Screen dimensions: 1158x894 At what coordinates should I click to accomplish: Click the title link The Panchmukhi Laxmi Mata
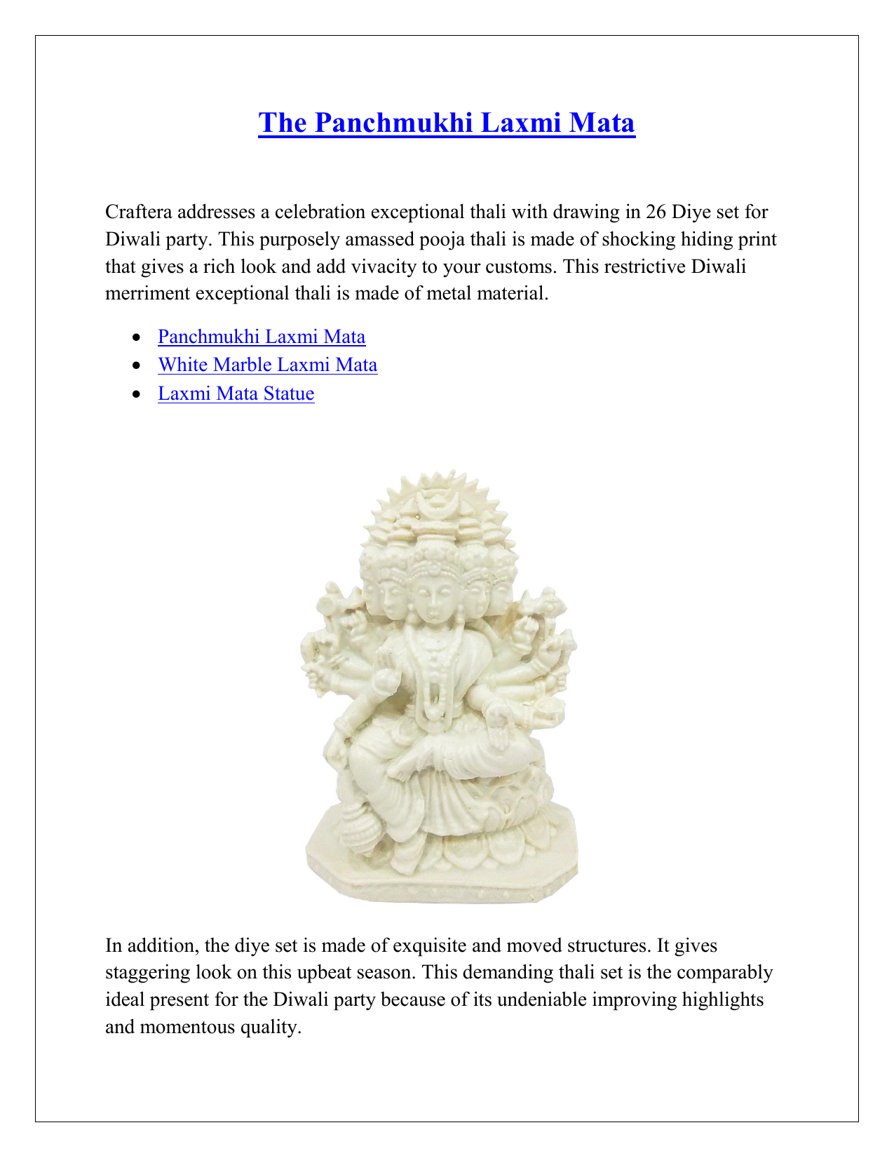tap(447, 123)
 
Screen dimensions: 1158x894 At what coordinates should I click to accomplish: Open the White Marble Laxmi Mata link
tap(268, 365)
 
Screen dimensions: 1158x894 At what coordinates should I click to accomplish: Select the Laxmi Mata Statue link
tap(236, 393)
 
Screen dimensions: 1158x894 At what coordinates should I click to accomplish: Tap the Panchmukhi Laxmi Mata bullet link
tap(262, 337)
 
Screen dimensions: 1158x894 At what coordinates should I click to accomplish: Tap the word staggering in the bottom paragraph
tap(147, 973)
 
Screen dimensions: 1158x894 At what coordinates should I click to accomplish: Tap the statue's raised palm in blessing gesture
tap(386, 674)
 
